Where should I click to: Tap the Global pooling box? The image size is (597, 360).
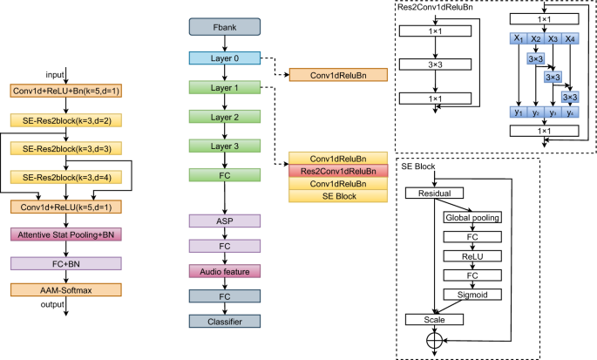pos(471,217)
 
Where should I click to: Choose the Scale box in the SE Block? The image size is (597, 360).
pos(433,320)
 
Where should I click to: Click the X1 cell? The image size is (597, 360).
pos(519,39)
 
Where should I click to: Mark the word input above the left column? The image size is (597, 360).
pos(55,73)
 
